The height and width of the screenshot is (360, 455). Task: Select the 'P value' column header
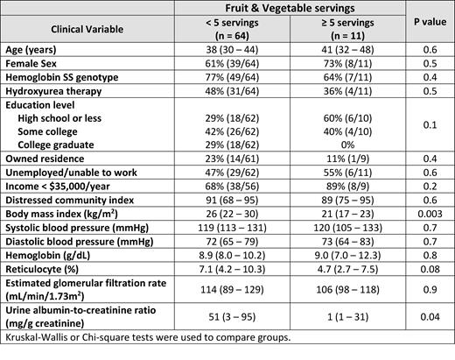click(x=430, y=26)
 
